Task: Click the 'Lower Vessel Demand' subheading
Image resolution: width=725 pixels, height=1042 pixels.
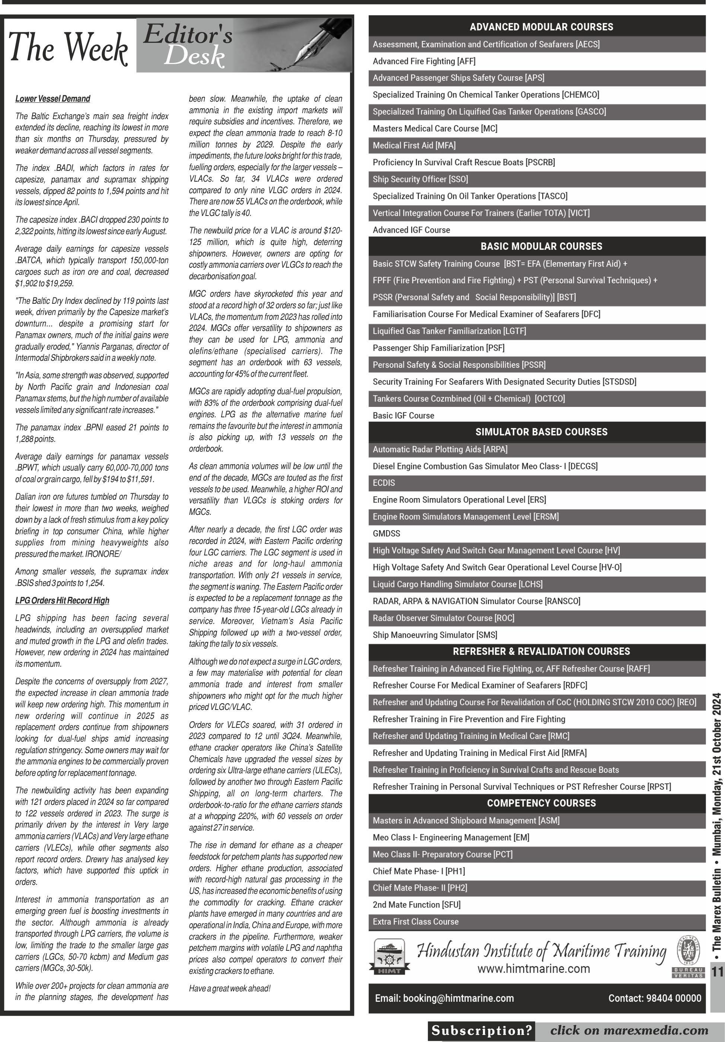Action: pos(53,99)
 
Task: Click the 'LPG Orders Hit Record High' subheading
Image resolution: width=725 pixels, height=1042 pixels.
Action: pos(62,600)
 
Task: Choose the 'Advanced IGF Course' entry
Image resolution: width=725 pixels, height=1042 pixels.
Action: pos(411,230)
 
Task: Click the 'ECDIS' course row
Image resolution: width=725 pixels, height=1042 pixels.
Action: pos(384,483)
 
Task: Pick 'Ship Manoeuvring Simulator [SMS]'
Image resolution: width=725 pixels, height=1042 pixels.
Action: pos(435,635)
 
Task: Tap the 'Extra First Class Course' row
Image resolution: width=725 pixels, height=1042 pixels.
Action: pos(416,922)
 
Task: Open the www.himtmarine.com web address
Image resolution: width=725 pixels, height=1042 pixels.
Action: pos(534,969)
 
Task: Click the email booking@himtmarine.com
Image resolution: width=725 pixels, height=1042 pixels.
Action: pos(444,998)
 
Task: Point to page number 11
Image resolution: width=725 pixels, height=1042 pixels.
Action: pos(717,972)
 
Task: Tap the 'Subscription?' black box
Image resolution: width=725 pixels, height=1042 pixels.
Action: pos(481,1031)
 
